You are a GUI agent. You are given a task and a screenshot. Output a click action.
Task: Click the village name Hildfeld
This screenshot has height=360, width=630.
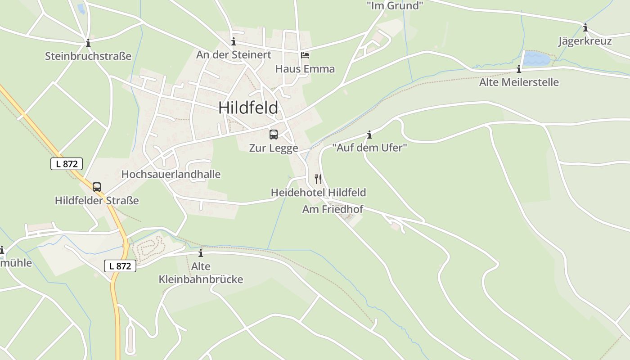[248, 108]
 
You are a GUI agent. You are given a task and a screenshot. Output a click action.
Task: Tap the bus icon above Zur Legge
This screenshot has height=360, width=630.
[274, 134]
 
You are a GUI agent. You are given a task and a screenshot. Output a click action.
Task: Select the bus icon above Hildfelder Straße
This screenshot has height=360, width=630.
[97, 187]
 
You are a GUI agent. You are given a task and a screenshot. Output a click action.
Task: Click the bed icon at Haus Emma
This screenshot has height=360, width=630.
[305, 55]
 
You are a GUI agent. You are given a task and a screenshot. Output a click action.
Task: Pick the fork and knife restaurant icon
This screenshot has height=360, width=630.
[318, 179]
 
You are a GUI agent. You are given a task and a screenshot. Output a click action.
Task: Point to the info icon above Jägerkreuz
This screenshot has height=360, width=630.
[585, 28]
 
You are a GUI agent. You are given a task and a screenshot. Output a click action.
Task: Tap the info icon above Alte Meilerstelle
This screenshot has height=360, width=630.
[519, 69]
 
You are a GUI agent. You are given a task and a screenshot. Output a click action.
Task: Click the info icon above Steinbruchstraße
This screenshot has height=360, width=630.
[88, 43]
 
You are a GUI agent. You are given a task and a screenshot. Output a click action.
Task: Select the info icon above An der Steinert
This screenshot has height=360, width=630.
[234, 42]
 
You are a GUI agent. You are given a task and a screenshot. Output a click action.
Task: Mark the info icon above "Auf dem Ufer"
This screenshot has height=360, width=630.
[369, 135]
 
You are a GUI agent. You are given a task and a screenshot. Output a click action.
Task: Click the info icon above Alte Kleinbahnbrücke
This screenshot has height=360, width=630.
[201, 253]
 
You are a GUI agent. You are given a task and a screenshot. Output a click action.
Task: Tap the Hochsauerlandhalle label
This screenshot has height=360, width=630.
[171, 174]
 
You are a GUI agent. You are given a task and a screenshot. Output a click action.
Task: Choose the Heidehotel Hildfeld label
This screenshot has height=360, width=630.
[318, 193]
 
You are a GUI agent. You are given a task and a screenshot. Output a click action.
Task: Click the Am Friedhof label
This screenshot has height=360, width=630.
[333, 209]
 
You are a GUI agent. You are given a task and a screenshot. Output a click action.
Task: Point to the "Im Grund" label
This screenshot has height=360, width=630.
[395, 5]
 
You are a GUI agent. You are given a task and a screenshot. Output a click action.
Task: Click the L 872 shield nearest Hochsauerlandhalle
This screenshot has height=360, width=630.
[67, 164]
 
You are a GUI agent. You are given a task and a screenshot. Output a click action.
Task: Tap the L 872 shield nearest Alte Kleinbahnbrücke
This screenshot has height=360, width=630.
[120, 266]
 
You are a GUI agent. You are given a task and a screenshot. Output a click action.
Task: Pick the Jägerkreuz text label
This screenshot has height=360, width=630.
[585, 41]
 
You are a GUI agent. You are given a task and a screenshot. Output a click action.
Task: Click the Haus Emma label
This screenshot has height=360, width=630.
[305, 69]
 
